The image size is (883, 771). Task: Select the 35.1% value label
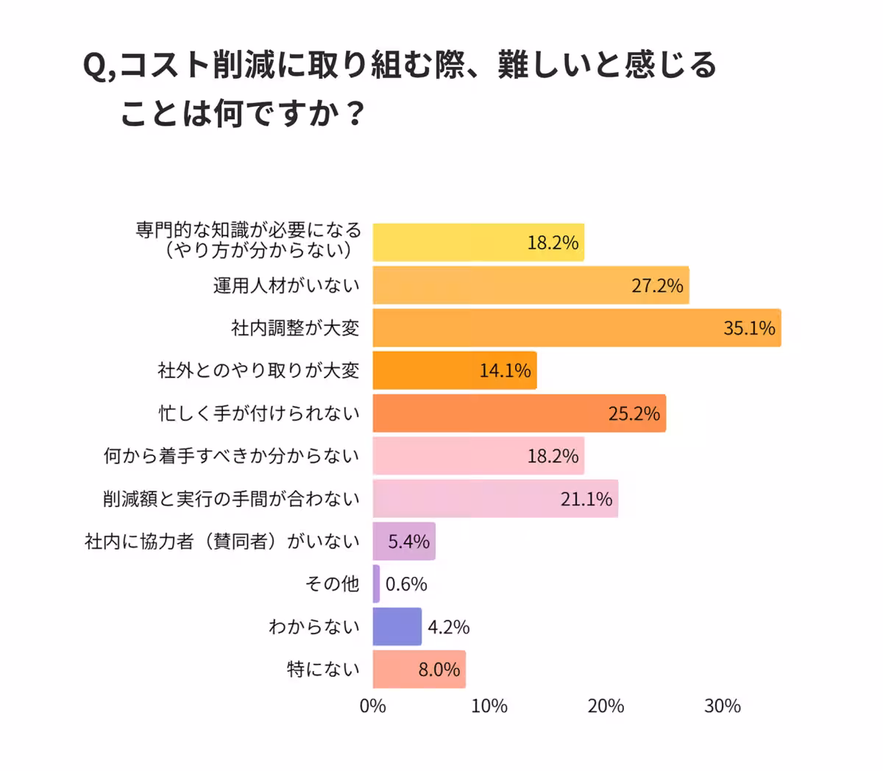(748, 328)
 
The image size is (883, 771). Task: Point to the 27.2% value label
(656, 285)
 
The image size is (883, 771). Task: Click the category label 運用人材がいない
(286, 285)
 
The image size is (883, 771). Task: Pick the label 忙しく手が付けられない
(259, 413)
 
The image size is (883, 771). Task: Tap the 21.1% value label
(586, 499)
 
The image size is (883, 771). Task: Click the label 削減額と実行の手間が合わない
(231, 499)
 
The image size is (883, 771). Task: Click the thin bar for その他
(376, 584)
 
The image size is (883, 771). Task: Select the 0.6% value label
(406, 584)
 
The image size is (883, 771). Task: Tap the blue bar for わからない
(397, 627)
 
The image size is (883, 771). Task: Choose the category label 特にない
(323, 669)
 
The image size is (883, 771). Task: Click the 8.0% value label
(439, 669)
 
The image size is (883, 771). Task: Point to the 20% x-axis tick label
(606, 706)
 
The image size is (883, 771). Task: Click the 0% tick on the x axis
(373, 706)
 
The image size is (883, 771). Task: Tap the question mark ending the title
(355, 114)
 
